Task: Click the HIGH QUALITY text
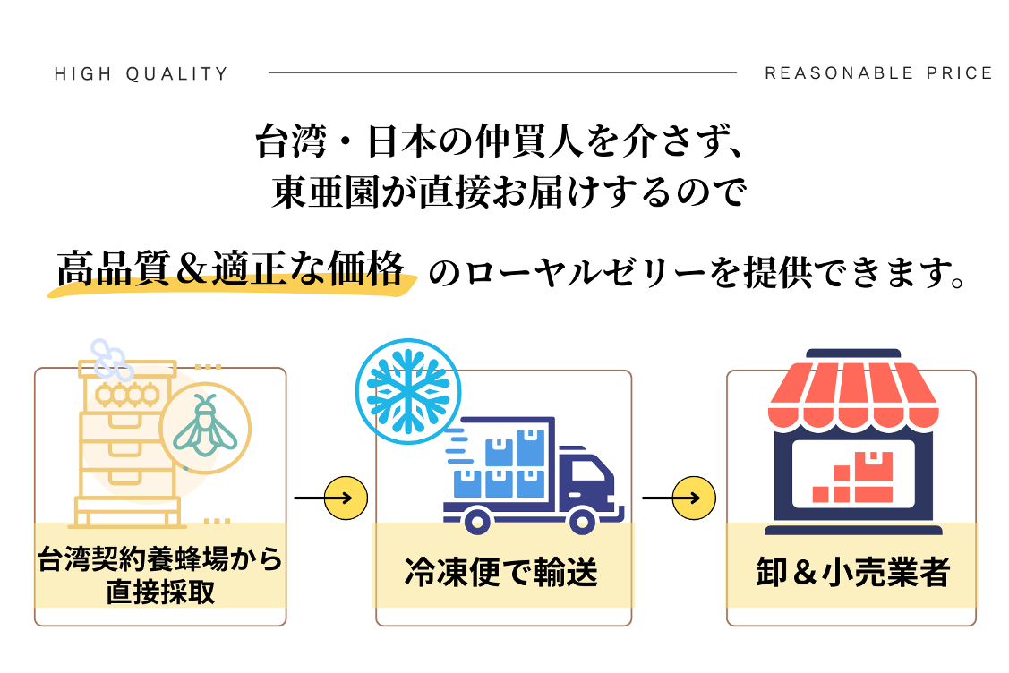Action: click(x=141, y=74)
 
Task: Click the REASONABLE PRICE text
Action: click(x=878, y=73)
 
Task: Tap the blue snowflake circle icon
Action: click(x=407, y=390)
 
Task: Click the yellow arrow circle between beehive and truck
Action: click(x=346, y=497)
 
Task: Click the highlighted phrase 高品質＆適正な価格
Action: click(x=230, y=269)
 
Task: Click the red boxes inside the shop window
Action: click(x=851, y=478)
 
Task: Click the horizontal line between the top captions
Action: click(x=502, y=73)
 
